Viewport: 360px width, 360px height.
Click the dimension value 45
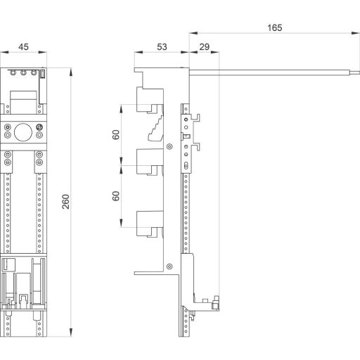pos(23,47)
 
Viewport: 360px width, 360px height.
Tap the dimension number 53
pos(162,47)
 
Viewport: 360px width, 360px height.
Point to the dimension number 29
pos(205,47)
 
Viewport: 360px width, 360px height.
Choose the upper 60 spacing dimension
pos(115,135)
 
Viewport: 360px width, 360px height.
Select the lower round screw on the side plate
pos(170,265)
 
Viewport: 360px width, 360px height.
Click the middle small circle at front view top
pos(23,72)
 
